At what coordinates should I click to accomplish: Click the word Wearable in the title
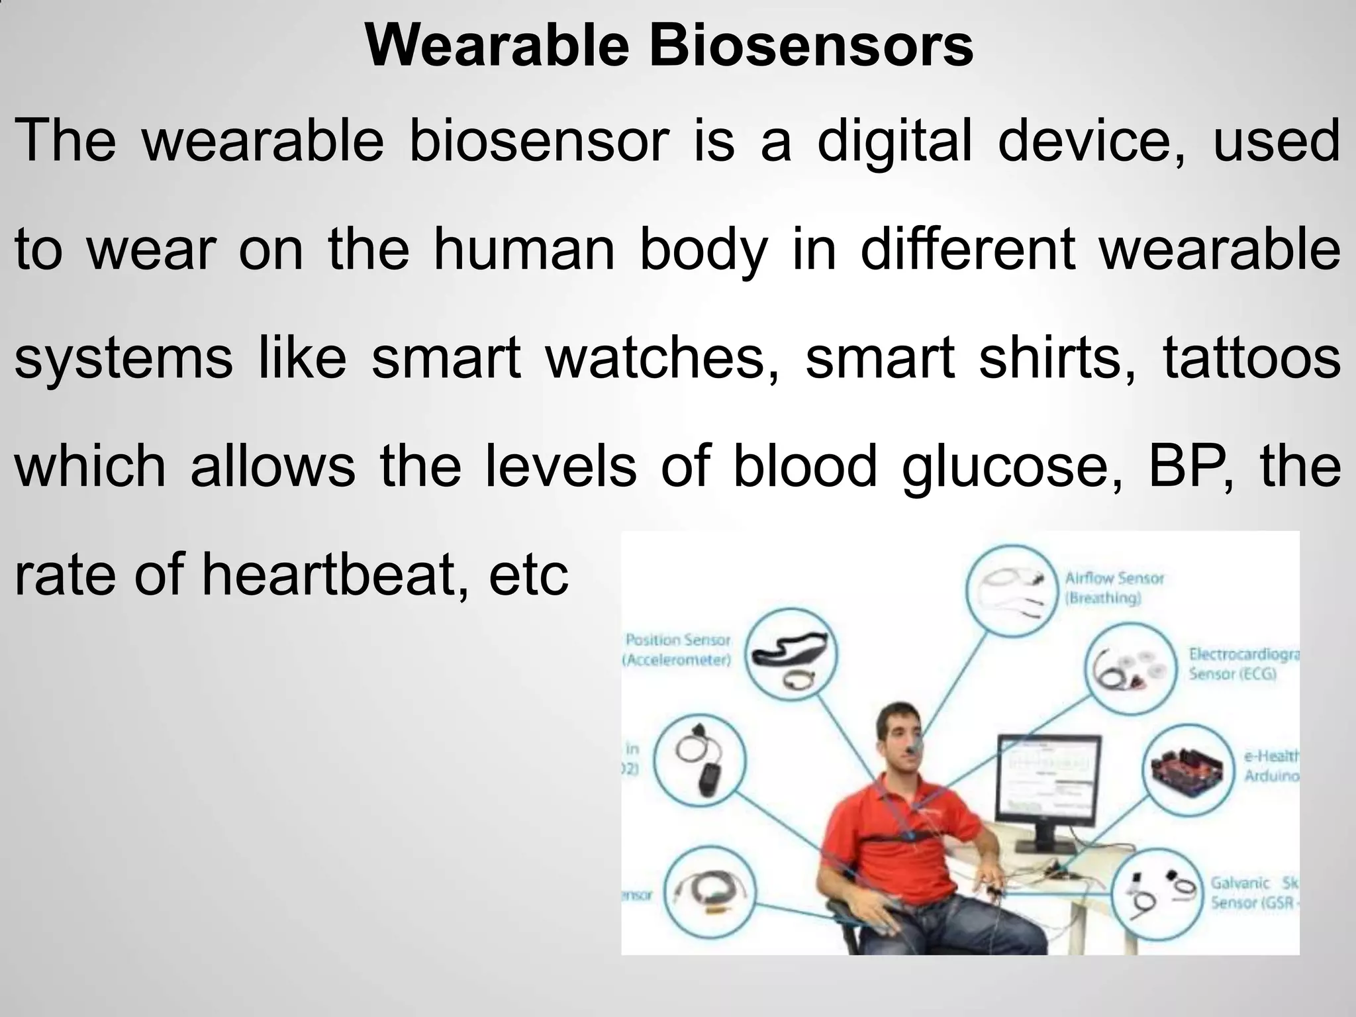497,46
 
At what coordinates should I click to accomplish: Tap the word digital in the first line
895,142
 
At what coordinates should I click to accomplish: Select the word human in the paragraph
524,250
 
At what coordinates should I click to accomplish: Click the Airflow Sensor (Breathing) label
1114,588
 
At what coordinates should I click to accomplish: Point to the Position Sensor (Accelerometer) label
677,650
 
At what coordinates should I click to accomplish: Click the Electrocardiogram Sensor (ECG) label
1243,664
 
